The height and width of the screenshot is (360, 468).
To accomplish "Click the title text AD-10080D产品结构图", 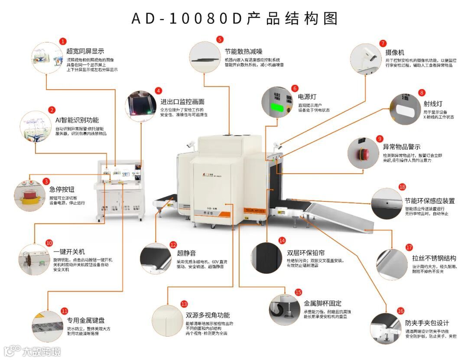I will tap(234, 19).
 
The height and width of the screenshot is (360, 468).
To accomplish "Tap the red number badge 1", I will tap(63, 41).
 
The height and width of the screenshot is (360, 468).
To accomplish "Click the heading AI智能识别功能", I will tap(77, 120).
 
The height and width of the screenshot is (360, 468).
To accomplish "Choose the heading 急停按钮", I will tap(62, 189).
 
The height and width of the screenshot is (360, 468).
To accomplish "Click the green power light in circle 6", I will tap(276, 106).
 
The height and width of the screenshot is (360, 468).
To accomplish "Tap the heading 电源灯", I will tap(307, 97).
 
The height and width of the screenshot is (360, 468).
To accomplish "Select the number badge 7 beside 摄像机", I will tap(383, 43).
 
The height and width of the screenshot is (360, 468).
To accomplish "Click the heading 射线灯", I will tap(433, 104).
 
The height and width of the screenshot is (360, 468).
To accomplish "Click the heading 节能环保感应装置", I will tap(429, 201).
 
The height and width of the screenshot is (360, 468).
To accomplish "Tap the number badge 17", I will tap(409, 247).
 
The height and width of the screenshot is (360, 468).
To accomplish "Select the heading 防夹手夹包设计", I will tap(427, 323).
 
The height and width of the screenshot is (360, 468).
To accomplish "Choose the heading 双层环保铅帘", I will tap(305, 253).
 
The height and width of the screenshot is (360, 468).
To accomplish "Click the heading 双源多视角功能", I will tap(208, 315).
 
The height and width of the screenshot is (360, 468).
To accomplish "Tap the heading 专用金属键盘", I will tap(86, 321).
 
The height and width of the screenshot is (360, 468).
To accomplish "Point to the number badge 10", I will tap(49, 243).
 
